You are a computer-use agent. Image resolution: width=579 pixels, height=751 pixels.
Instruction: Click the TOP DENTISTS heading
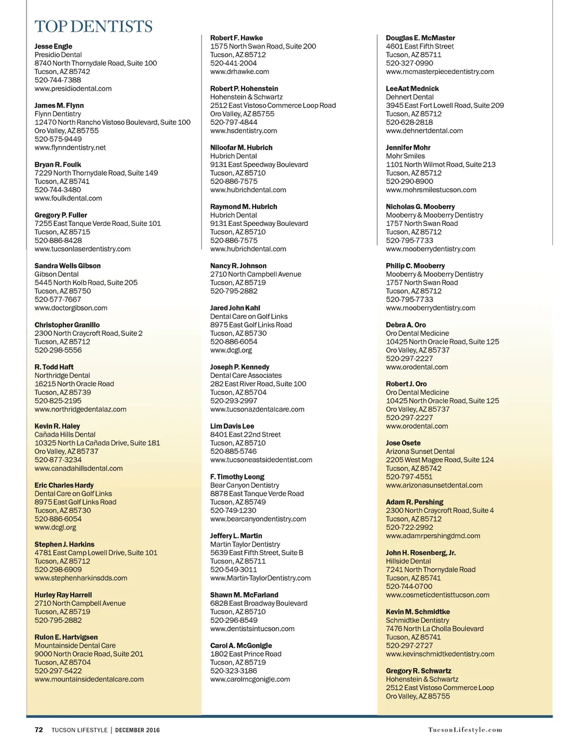coord(93,27)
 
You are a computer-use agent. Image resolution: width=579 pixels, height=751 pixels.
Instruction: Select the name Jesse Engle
coord(53,46)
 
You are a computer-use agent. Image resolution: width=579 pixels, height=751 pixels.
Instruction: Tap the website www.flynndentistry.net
coord(70,147)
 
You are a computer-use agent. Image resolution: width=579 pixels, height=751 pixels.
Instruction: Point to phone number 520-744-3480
coord(58,190)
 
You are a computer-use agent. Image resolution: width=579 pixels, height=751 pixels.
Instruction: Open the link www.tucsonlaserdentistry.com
coord(83,249)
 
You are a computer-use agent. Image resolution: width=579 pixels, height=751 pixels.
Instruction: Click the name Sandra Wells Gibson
coord(67,266)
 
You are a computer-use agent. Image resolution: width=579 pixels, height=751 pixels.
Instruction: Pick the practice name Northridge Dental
coord(62,375)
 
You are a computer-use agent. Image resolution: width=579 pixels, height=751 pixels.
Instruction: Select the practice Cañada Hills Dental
coord(65,435)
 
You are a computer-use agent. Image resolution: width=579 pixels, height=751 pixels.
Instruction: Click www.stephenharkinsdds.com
coord(81,578)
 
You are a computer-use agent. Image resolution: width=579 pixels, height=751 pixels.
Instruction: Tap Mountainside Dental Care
coord(75,645)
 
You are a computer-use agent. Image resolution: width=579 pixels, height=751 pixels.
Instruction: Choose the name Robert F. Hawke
coord(236,38)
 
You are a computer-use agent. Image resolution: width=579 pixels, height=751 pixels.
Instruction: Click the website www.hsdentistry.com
coord(244,131)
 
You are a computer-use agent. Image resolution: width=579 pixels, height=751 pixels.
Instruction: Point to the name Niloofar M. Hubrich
coord(241,148)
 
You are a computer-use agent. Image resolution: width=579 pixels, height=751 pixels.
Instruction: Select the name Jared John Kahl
coord(235,308)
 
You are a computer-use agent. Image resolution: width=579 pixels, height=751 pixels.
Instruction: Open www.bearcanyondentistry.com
coord(258,519)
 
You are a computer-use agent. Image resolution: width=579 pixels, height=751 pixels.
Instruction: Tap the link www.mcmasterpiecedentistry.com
coord(440,72)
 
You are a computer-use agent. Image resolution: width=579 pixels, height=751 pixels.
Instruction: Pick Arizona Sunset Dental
coord(420,452)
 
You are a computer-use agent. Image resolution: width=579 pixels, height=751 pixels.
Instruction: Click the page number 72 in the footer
coord(39,730)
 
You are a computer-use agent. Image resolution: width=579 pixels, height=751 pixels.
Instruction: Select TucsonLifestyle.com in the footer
coord(465,730)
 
